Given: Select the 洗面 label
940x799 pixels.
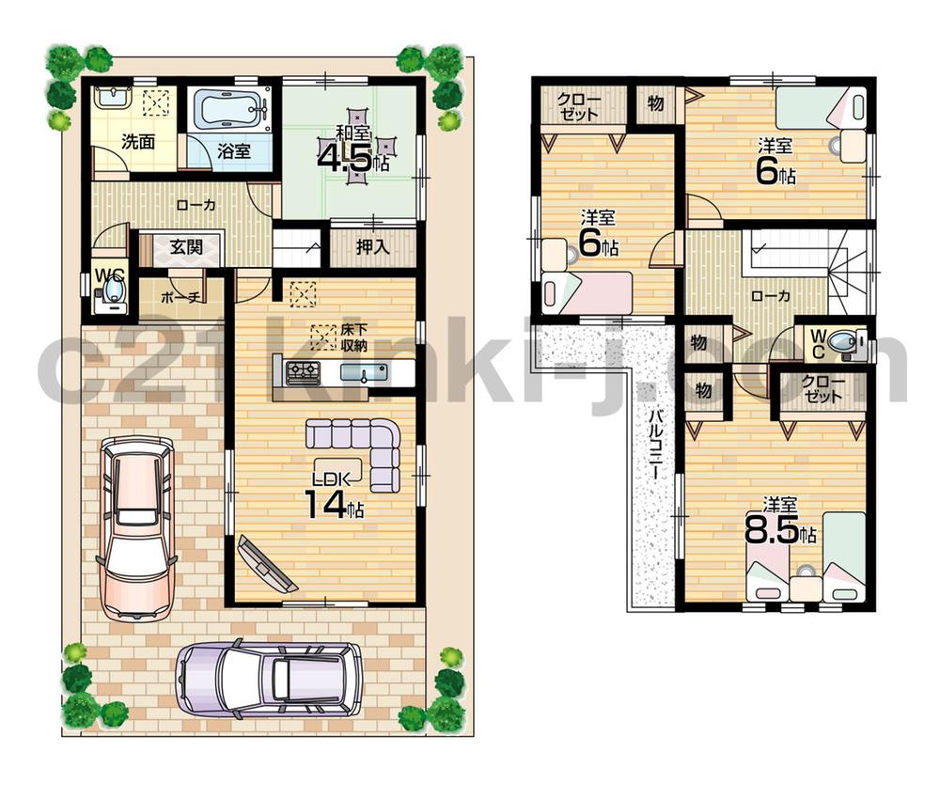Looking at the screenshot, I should coord(137,144).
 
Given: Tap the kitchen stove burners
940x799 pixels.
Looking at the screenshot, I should coord(304,372).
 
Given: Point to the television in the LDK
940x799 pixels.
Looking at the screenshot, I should coord(269,564).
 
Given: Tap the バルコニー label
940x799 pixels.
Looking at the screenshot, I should coord(654,443).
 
